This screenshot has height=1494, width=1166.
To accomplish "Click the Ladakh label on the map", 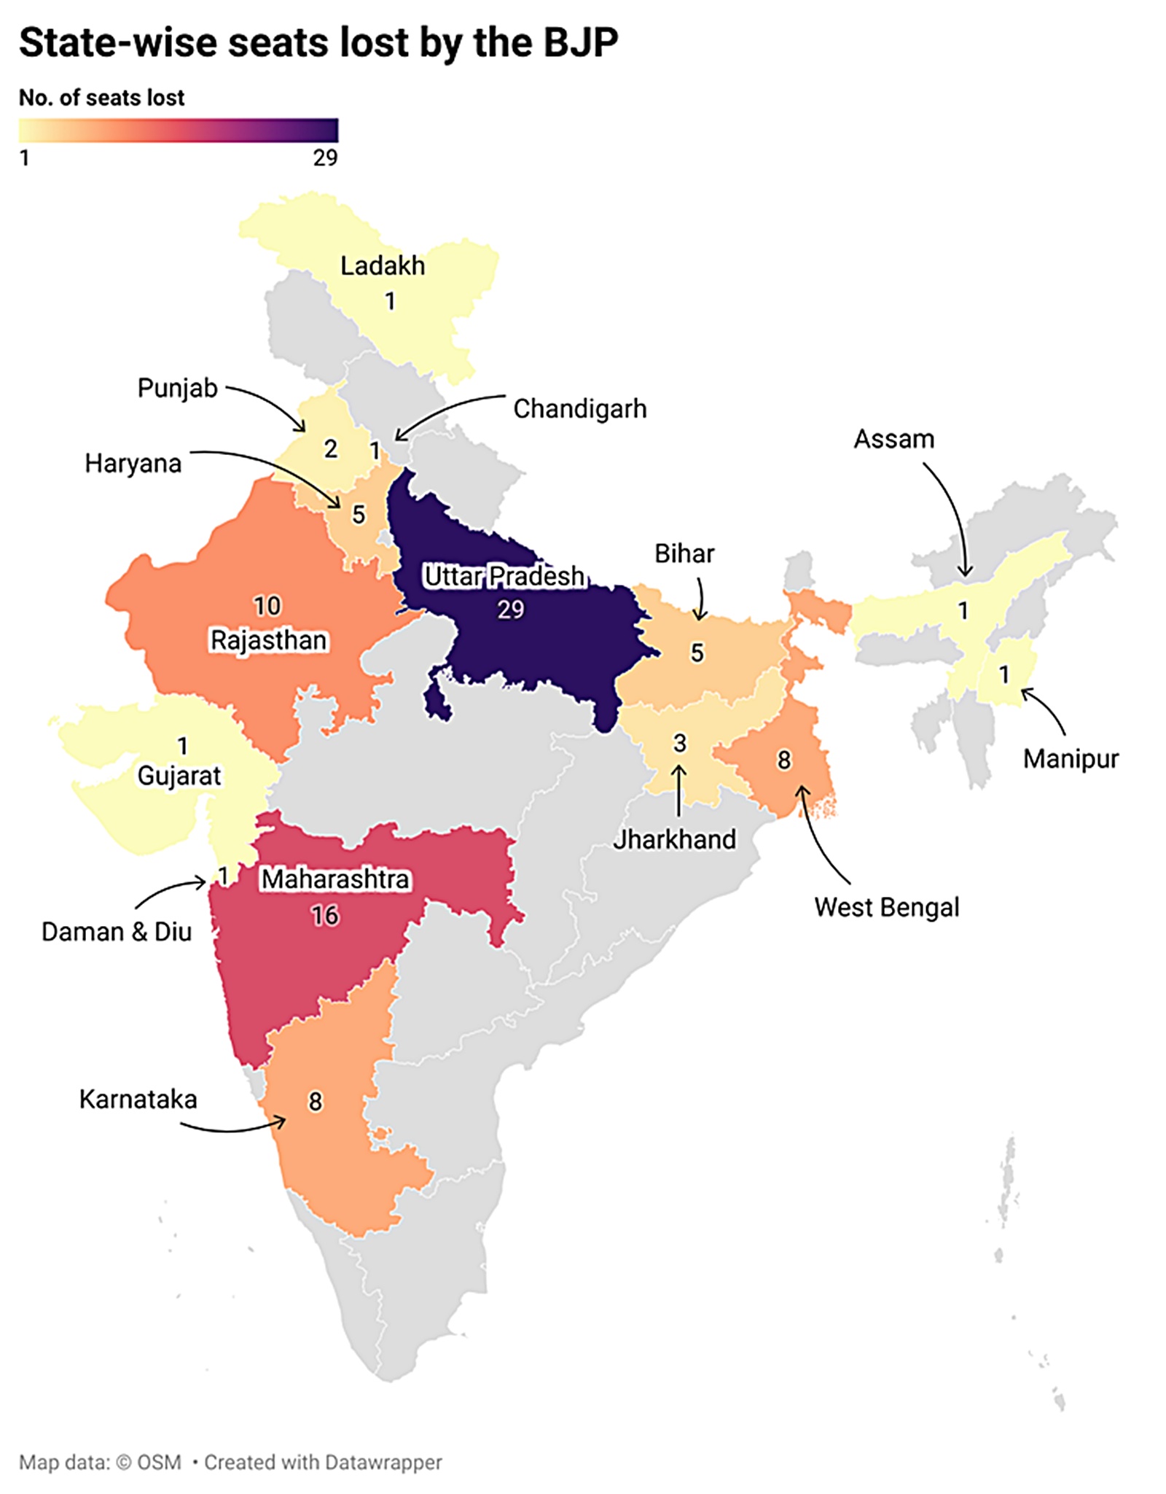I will click(x=383, y=266).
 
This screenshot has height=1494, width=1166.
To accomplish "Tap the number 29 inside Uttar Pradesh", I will click(x=510, y=610).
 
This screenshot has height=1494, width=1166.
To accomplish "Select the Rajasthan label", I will click(x=268, y=640).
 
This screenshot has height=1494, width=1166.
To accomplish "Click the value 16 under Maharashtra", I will click(x=325, y=915).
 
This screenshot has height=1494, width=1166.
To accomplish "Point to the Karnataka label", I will click(x=138, y=1099).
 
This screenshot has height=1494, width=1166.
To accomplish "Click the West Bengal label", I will click(x=886, y=907).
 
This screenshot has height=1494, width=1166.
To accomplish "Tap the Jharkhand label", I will click(x=674, y=839).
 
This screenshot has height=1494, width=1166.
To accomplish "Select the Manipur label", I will click(x=1070, y=759).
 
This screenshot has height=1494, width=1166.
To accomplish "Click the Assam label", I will click(x=893, y=439).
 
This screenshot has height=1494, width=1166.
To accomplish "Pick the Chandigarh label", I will click(x=579, y=409).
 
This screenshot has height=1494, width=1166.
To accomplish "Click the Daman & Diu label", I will click(x=117, y=932).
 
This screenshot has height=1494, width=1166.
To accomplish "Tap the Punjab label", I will click(x=177, y=388).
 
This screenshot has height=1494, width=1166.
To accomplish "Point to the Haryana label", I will click(x=133, y=464).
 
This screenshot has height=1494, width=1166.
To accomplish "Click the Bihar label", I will click(x=684, y=553).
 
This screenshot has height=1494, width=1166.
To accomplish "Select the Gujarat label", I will click(x=179, y=776).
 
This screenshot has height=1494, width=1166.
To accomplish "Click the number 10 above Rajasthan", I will click(x=267, y=606).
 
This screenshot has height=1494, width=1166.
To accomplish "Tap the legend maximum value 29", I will click(x=325, y=157).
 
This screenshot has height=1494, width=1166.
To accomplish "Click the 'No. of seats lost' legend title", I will click(x=101, y=98).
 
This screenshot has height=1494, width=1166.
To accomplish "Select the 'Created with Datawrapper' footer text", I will click(x=323, y=1462).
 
